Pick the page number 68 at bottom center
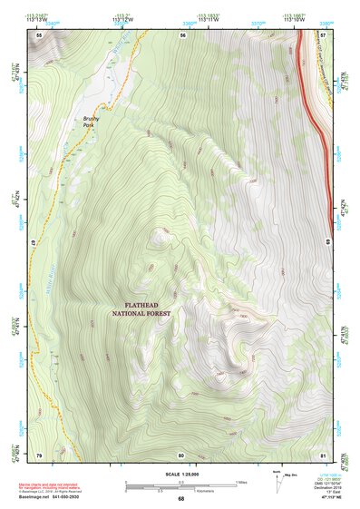180,498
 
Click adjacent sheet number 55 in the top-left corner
39,34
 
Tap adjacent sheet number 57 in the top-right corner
323,34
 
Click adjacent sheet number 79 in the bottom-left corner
39,454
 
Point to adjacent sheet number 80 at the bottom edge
181,454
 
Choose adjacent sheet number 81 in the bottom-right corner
323,454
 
